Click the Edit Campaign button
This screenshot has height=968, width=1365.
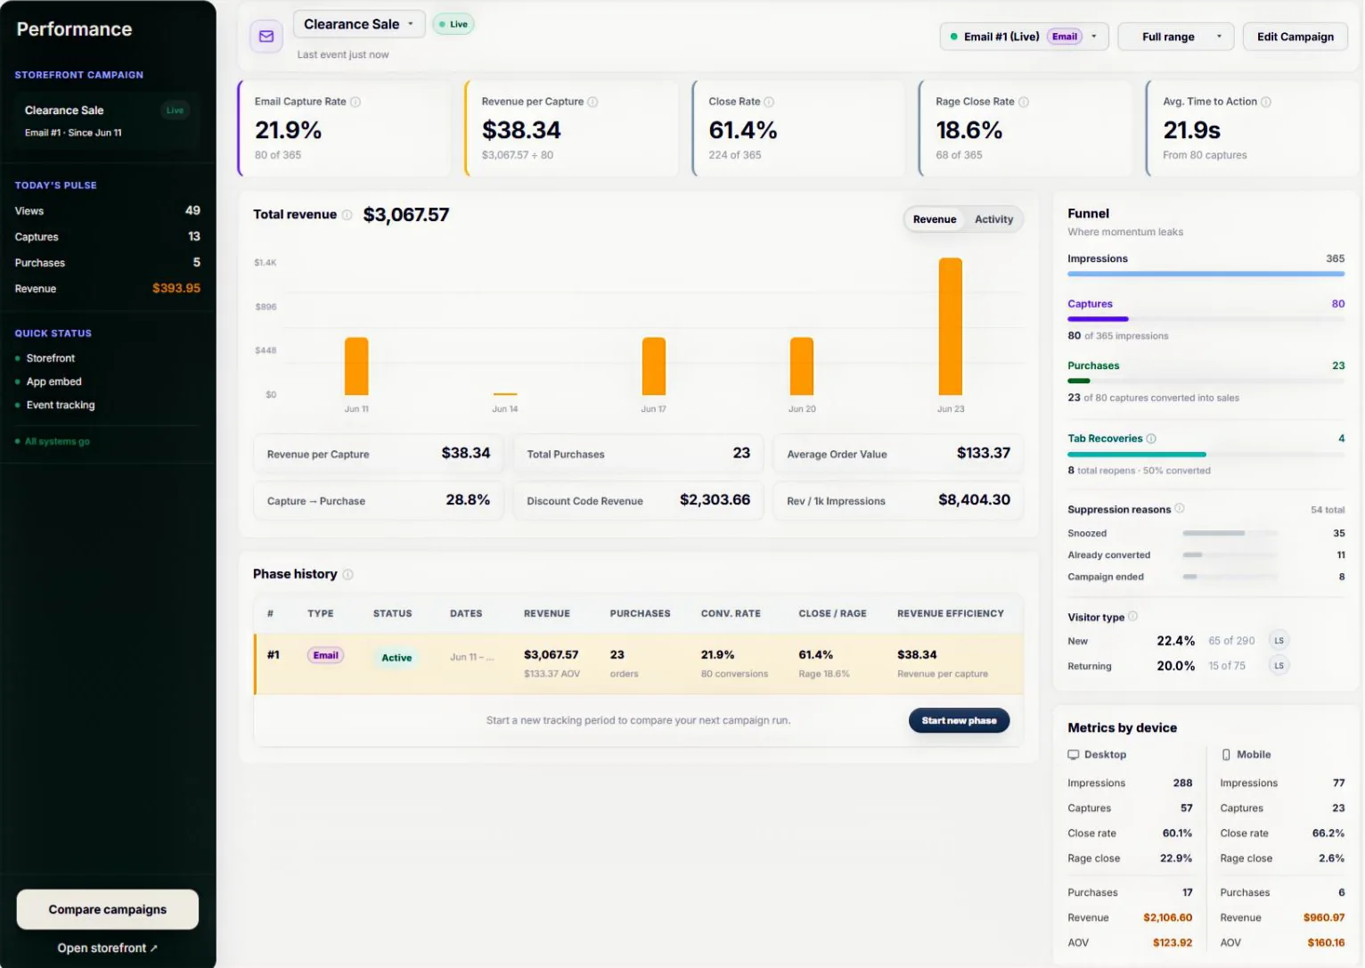tap(1295, 37)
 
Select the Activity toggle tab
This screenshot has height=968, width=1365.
tap(993, 219)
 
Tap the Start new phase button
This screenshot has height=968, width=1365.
tap(959, 720)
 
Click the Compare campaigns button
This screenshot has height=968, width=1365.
tap(107, 909)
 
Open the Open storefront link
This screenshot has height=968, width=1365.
tap(107, 947)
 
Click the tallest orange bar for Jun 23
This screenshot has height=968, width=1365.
tap(950, 326)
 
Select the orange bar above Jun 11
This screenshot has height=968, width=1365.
tap(356, 365)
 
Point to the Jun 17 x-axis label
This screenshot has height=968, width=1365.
tap(653, 408)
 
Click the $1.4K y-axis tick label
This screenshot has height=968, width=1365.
tap(266, 262)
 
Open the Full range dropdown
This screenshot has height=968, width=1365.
tap(1175, 37)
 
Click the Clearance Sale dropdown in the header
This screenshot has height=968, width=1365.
tap(359, 24)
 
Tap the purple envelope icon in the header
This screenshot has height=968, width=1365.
tap(266, 36)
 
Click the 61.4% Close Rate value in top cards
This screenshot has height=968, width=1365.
tap(742, 130)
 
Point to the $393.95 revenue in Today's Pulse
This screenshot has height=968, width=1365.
tap(176, 288)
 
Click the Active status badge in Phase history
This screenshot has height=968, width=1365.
tap(396, 657)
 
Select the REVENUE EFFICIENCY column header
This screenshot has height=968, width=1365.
tap(950, 613)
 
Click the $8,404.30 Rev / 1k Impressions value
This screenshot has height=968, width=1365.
tap(974, 500)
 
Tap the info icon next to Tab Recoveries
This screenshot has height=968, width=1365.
tap(1150, 439)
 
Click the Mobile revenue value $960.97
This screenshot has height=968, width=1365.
tap(1323, 917)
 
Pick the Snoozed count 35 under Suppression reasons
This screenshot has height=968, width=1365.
tap(1338, 533)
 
